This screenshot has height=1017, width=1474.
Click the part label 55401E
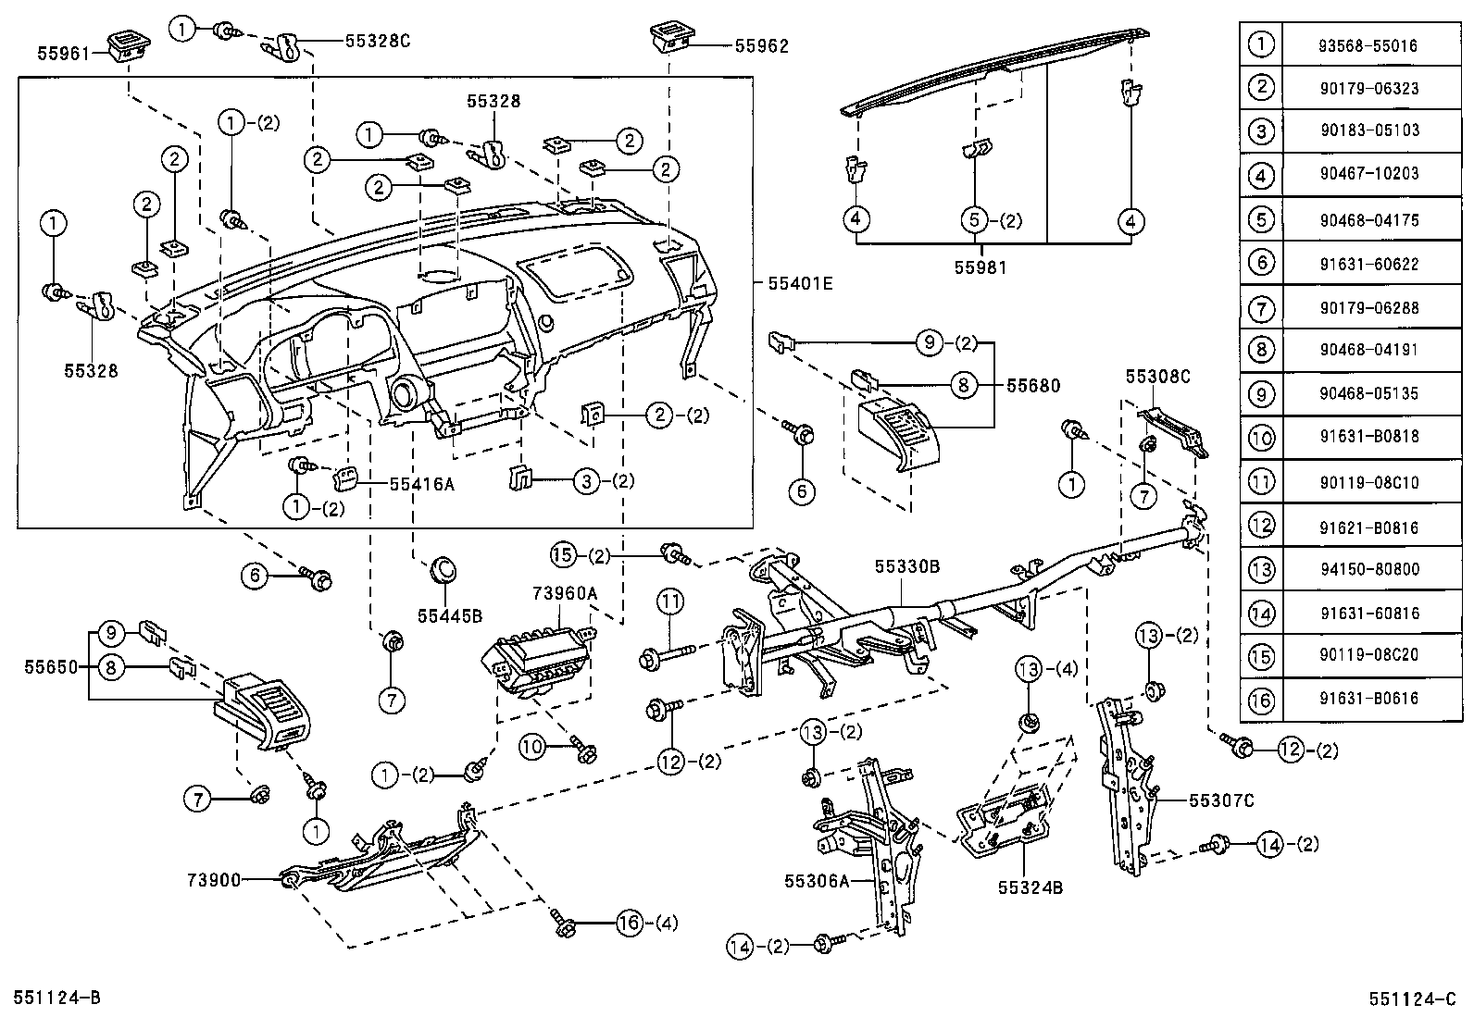click(x=799, y=283)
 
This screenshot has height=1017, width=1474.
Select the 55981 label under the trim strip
click(x=980, y=267)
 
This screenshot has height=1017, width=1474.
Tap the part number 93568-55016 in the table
click(x=1369, y=45)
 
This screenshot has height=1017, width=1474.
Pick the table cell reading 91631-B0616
click(x=1369, y=700)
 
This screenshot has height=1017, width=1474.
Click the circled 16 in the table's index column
click(x=1261, y=700)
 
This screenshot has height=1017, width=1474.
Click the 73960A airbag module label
click(x=565, y=592)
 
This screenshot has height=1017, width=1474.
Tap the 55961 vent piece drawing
click(x=121, y=45)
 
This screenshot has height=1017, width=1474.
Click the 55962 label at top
click(x=761, y=45)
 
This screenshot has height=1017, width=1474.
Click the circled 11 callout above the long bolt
click(x=670, y=602)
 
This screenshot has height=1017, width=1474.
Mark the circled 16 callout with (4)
click(x=629, y=922)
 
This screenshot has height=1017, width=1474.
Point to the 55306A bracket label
click(x=817, y=882)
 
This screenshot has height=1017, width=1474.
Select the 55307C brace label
click(x=1221, y=800)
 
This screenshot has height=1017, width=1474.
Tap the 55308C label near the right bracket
click(x=1157, y=377)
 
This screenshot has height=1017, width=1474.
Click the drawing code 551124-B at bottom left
click(x=57, y=997)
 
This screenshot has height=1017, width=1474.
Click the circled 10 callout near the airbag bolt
click(x=533, y=747)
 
